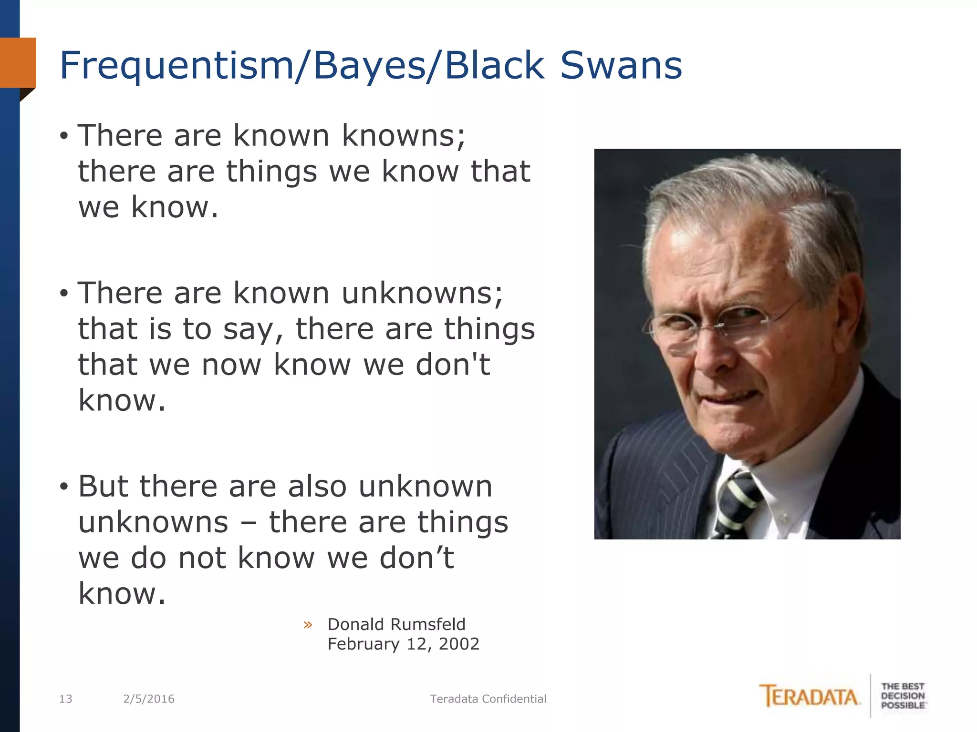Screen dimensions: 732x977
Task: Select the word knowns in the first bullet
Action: (403, 135)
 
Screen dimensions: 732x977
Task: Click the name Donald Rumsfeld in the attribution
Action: (396, 624)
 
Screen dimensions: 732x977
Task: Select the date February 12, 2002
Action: (403, 644)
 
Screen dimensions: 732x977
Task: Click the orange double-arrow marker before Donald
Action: (308, 625)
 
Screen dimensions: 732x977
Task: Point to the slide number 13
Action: (65, 699)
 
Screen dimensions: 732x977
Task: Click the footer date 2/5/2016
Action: (149, 699)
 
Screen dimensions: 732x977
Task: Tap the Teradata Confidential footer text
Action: (488, 699)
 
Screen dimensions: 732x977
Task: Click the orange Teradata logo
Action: (810, 697)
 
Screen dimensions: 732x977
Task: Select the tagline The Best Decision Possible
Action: (903, 696)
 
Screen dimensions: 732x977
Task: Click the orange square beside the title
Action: (18, 62)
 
